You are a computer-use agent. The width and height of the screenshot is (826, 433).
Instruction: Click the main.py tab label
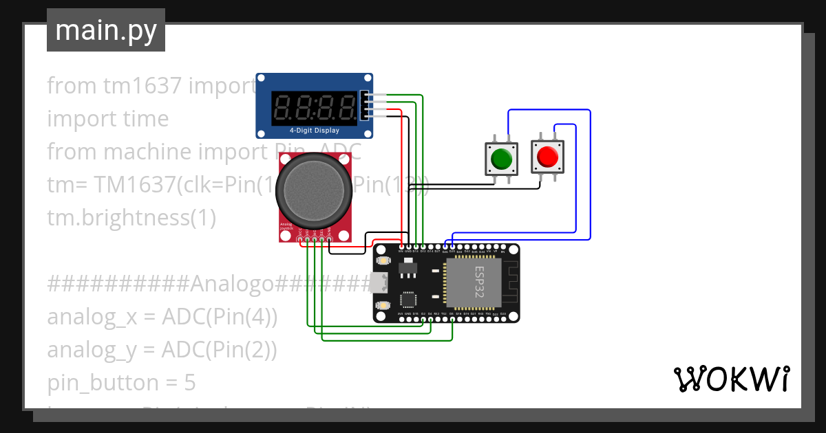(105, 30)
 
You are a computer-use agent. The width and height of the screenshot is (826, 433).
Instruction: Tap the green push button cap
(501, 158)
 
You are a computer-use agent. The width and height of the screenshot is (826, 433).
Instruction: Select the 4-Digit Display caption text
(314, 130)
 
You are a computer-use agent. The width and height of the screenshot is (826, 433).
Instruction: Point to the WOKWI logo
(730, 379)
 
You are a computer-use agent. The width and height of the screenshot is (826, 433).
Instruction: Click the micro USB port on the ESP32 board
(378, 282)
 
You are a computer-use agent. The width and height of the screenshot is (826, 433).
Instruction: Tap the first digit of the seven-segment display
(284, 107)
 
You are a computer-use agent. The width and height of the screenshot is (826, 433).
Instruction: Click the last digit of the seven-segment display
(348, 107)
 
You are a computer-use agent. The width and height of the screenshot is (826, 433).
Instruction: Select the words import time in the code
(107, 118)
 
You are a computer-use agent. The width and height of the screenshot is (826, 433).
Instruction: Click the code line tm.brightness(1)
(131, 218)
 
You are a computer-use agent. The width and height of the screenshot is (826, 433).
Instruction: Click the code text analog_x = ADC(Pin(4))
(162, 317)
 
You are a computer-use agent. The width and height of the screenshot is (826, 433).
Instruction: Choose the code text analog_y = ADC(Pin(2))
(162, 350)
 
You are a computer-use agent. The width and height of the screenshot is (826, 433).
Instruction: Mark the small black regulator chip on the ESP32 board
(408, 265)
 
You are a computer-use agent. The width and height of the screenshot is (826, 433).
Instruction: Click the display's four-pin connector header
(363, 107)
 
